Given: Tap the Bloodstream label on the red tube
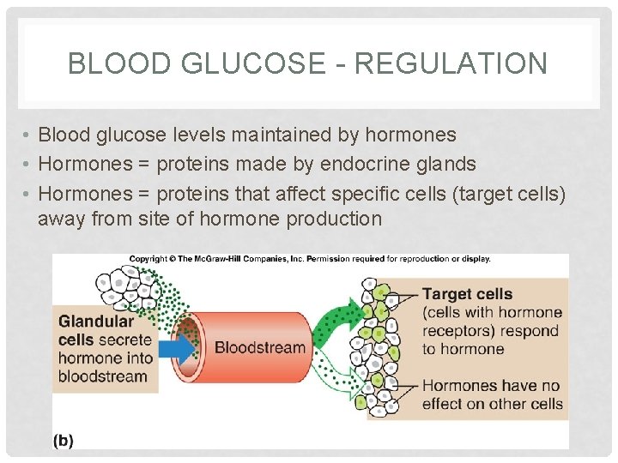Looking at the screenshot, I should click(259, 347).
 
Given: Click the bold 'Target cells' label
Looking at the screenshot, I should click(466, 294).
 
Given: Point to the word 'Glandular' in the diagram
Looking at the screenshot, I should click(96, 322).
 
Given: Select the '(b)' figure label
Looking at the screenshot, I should click(63, 440).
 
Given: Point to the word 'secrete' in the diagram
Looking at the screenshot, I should click(123, 340).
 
